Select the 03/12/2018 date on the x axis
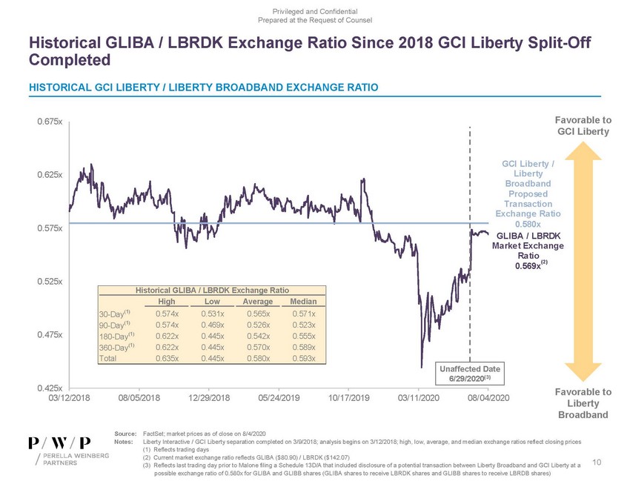[69, 399]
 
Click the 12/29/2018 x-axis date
[209, 399]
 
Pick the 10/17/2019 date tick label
[349, 399]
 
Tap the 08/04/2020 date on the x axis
[489, 399]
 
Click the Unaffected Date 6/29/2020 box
[471, 374]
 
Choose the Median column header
[304, 302]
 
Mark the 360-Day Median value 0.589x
[304, 348]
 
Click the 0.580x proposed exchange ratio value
[528, 225]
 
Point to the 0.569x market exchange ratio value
[525, 266]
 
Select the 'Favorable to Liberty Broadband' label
[583, 403]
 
